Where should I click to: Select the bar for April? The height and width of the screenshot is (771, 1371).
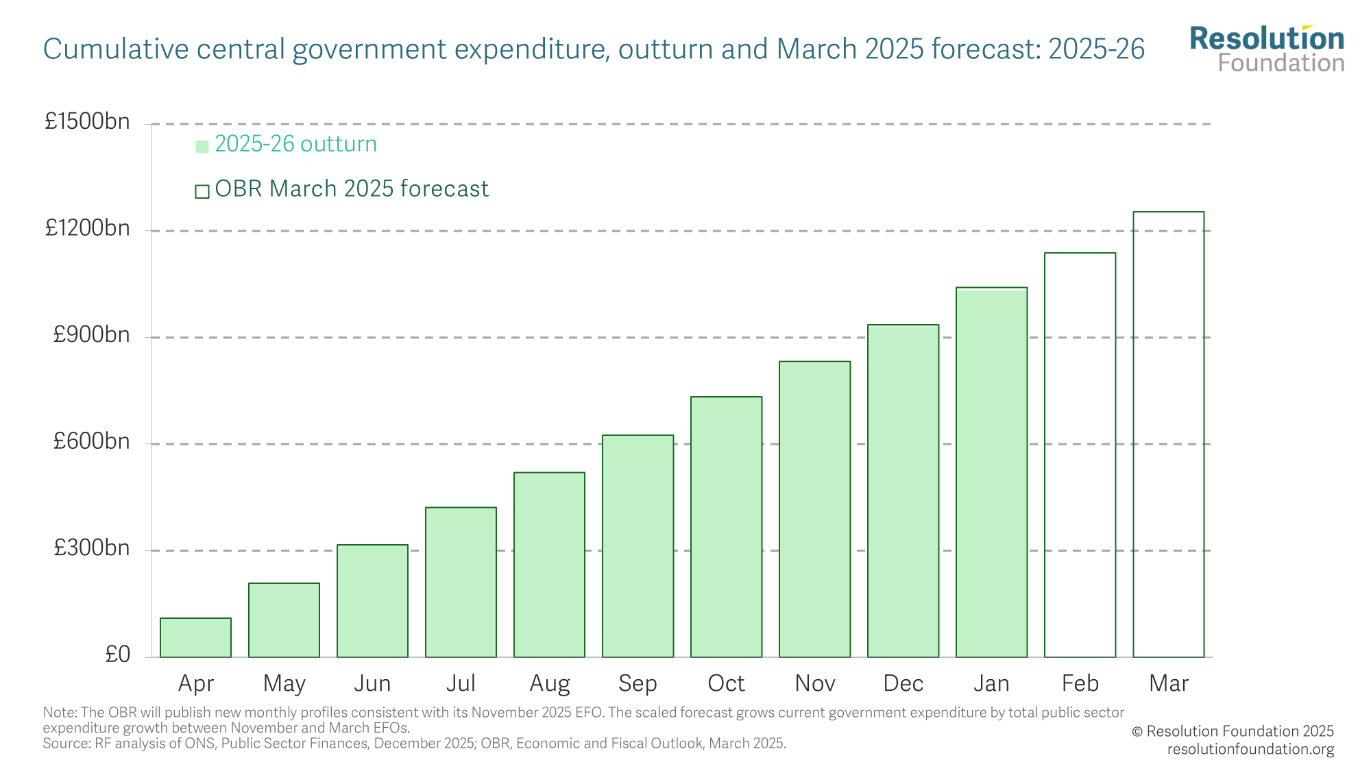pos(195,637)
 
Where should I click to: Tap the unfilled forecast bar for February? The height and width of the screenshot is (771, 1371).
pos(1080,455)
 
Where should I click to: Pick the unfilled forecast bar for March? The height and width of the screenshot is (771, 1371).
pos(1168,435)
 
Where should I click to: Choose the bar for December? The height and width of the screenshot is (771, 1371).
pos(903,491)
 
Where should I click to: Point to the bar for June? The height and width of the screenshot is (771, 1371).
pos(372,601)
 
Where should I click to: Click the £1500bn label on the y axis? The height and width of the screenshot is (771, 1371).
pos(87,121)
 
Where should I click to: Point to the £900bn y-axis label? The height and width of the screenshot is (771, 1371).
pos(91,334)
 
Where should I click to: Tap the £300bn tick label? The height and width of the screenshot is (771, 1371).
pos(91,548)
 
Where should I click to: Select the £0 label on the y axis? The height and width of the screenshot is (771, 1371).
pos(117,654)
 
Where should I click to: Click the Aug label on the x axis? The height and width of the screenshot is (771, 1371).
pos(549,683)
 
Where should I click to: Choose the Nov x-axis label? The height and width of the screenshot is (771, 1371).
pos(815,683)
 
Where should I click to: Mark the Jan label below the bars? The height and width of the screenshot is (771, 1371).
pos(991,683)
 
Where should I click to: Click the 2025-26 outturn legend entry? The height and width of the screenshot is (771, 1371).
pos(295,144)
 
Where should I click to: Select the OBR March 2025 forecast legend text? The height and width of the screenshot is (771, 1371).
pos(352,188)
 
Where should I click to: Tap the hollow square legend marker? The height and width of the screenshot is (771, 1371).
pos(202,191)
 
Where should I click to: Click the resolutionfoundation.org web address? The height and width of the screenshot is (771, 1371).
pos(1250,749)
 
